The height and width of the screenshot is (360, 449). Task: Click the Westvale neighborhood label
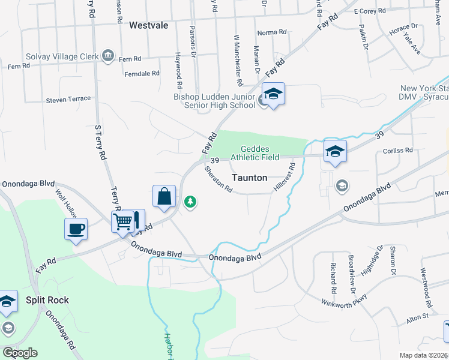point(148,25)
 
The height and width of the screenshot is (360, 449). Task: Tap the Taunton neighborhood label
point(249,178)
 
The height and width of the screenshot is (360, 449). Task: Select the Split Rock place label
point(47,300)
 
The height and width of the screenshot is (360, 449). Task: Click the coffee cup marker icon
point(76,229)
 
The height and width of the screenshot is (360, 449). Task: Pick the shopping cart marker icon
point(123,221)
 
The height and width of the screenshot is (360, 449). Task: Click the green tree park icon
point(190,202)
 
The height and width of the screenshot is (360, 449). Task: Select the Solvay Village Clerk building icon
point(108,55)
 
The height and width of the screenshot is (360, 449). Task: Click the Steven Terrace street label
point(68,98)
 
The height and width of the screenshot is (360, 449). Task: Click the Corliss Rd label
point(399,151)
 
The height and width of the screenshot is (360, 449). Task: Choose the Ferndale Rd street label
point(142,73)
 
